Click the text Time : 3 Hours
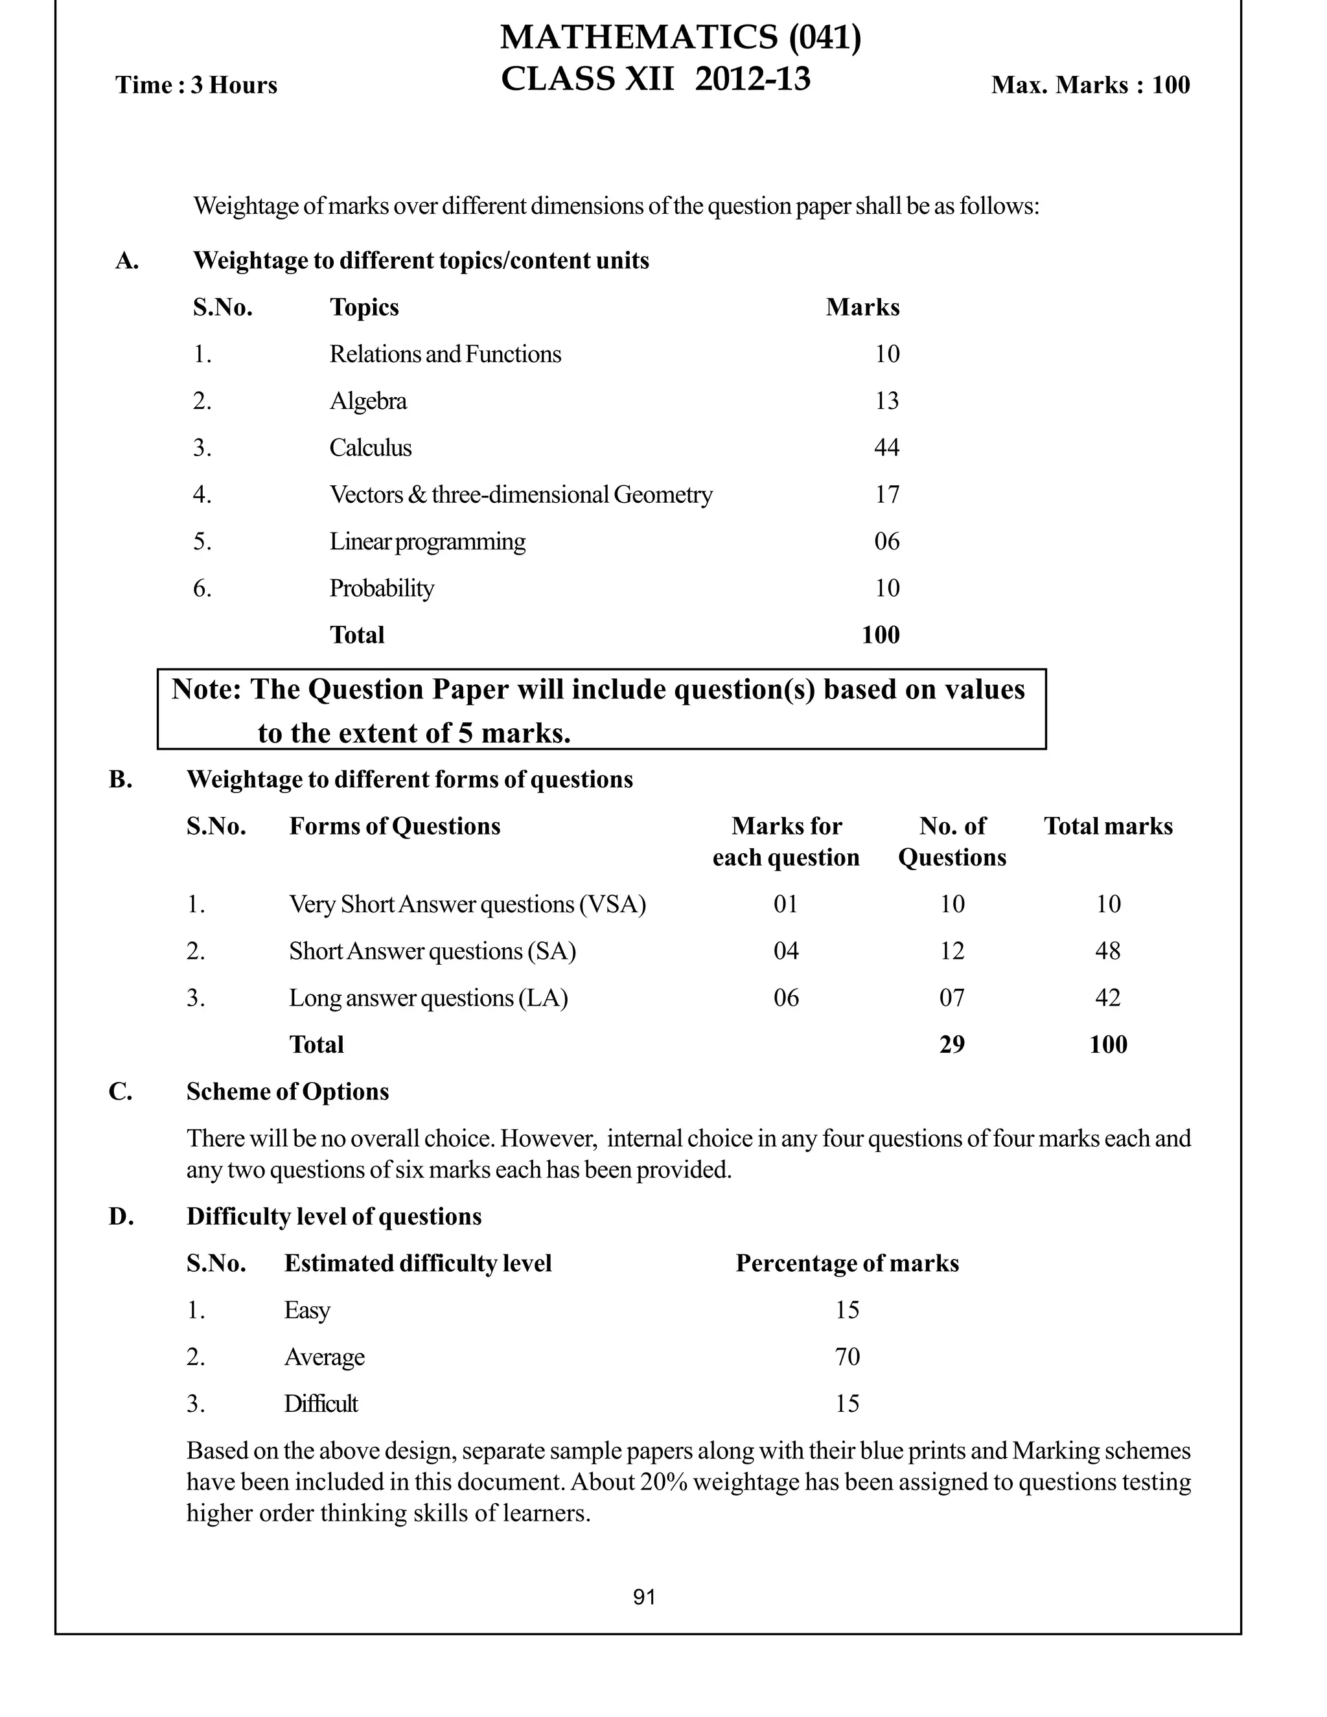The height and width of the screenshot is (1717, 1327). click(196, 85)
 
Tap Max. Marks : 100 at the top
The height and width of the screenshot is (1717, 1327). click(1090, 85)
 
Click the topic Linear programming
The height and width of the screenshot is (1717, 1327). click(427, 541)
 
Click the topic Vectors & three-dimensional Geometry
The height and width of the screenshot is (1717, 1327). click(520, 494)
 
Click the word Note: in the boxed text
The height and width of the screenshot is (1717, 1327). click(206, 689)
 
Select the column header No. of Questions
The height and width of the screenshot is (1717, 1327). click(952, 841)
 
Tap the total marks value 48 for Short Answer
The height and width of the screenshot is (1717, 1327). click(1107, 951)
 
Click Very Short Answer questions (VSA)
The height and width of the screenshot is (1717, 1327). click(467, 904)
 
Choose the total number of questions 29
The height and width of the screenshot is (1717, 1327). click(951, 1044)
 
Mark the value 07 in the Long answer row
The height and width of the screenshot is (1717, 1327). click(951, 998)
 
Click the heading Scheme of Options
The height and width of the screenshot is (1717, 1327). click(287, 1091)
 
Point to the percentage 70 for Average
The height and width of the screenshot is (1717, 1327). click(847, 1357)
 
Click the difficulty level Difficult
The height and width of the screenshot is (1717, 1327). click(321, 1403)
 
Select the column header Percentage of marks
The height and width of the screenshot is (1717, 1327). click(847, 1263)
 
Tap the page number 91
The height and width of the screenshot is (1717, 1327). click(644, 1596)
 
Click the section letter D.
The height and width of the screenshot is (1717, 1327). click(121, 1216)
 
